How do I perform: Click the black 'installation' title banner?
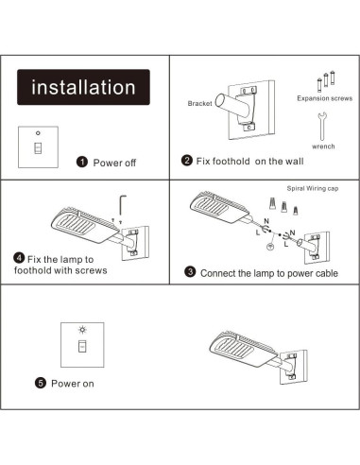click(84, 89)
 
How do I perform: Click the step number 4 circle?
click(19, 258)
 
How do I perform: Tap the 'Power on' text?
click(73, 384)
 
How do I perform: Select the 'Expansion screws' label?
click(322, 97)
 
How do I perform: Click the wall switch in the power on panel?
click(81, 346)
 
